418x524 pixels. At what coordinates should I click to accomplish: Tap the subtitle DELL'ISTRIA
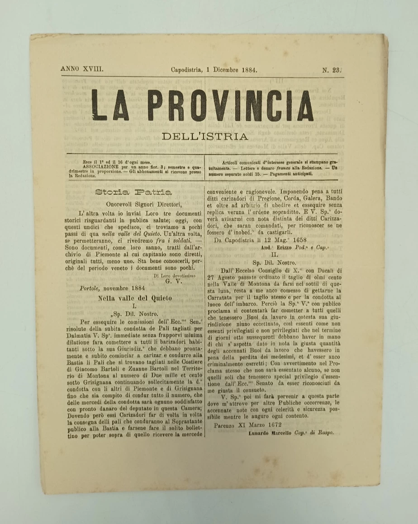coord(206,137)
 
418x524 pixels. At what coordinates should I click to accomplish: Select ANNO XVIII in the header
coord(82,70)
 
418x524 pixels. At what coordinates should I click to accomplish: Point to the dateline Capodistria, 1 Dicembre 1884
coord(214,70)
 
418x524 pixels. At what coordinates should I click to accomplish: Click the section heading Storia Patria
coord(133,192)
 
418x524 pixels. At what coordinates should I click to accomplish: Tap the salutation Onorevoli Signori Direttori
coord(134,204)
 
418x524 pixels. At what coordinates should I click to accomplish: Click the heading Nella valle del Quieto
coord(135,298)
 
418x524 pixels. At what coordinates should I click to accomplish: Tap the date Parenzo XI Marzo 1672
coord(248,425)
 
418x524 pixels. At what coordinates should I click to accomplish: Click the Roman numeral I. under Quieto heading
coord(134,306)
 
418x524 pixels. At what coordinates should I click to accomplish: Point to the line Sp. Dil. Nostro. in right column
coord(274,263)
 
